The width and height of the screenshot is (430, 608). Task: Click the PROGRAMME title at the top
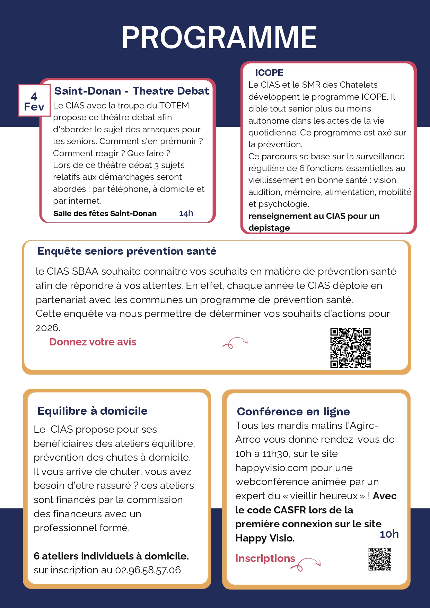[x=219, y=37]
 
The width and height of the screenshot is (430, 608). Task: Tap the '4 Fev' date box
[x=34, y=101]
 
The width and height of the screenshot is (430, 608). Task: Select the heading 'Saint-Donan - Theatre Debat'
[x=132, y=91]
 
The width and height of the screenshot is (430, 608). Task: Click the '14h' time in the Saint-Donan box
[x=186, y=213]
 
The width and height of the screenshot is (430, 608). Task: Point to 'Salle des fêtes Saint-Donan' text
[x=105, y=214]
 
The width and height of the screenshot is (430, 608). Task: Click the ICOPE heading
[x=269, y=73]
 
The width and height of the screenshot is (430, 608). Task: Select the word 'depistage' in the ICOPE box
[x=269, y=228]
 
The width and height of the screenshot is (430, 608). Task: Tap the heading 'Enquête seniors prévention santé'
[x=127, y=251]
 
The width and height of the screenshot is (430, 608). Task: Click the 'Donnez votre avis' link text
[x=93, y=342]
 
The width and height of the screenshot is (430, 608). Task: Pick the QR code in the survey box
[x=350, y=348]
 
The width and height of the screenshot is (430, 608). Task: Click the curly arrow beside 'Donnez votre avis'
[x=235, y=343]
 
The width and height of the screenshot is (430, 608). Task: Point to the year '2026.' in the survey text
[x=48, y=328]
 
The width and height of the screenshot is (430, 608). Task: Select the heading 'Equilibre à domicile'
[x=93, y=411]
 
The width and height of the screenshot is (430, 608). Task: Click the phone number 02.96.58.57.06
[x=148, y=570]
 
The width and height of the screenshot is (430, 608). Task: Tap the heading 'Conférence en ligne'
[x=293, y=412]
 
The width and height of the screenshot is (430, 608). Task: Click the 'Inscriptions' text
[x=265, y=558]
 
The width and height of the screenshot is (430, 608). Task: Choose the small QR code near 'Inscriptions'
[x=380, y=559]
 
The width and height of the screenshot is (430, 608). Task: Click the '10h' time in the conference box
[x=389, y=534]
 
